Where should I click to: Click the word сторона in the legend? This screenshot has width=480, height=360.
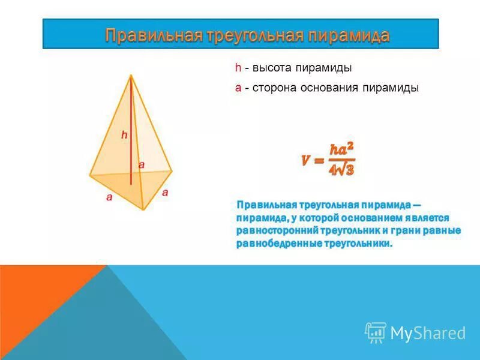(x=275, y=88)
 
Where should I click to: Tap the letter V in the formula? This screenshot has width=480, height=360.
(x=306, y=161)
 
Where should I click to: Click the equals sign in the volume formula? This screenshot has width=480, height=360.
(x=318, y=161)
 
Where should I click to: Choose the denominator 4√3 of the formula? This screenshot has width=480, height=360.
(x=341, y=170)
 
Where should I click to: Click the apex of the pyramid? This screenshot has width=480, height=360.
(x=130, y=74)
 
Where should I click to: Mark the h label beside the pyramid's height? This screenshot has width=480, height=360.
(x=124, y=136)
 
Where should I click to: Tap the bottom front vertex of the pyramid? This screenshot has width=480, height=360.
(x=143, y=209)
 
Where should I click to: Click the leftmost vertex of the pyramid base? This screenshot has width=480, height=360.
(x=90, y=175)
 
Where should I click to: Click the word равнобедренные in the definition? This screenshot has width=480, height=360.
(x=279, y=244)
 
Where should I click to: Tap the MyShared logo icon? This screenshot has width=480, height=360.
(x=376, y=332)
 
